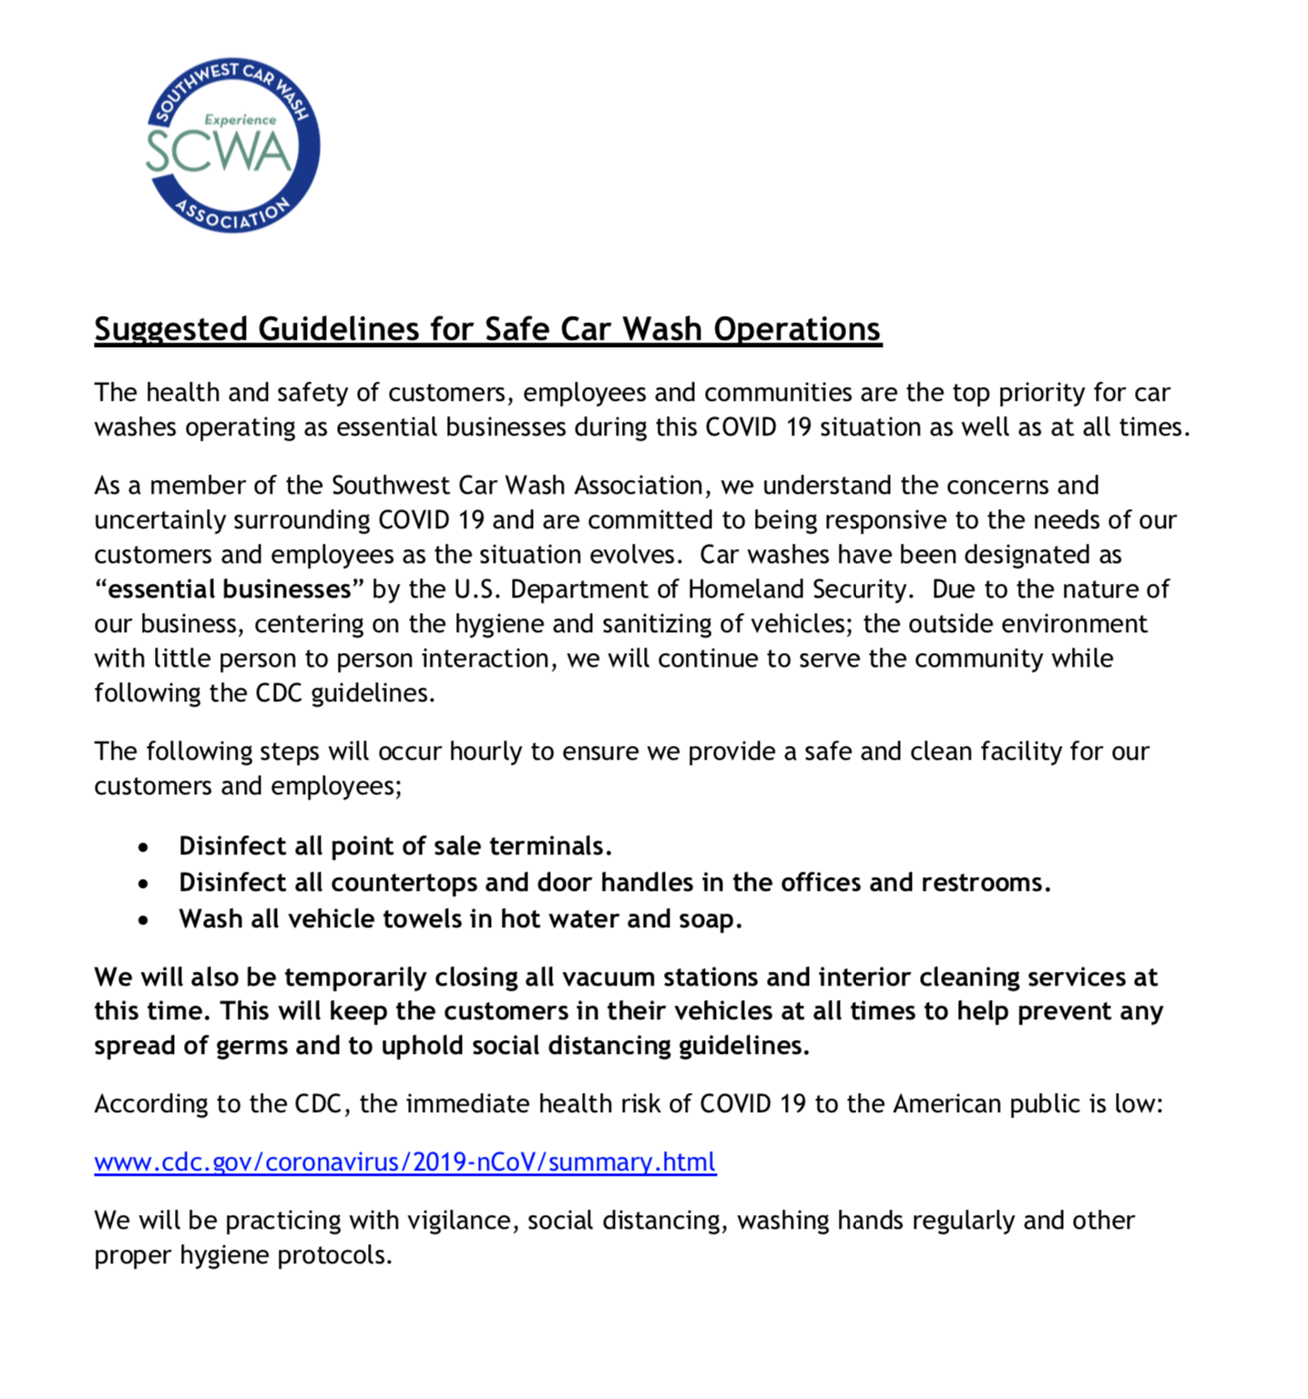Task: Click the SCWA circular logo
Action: [x=232, y=146]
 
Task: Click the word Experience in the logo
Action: [x=240, y=119]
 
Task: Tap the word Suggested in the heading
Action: [x=170, y=329]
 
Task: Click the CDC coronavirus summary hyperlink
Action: [x=405, y=1162]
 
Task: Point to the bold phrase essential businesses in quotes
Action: [x=230, y=589]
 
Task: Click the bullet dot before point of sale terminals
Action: [x=143, y=848]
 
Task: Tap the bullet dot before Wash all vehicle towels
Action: [x=143, y=921]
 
